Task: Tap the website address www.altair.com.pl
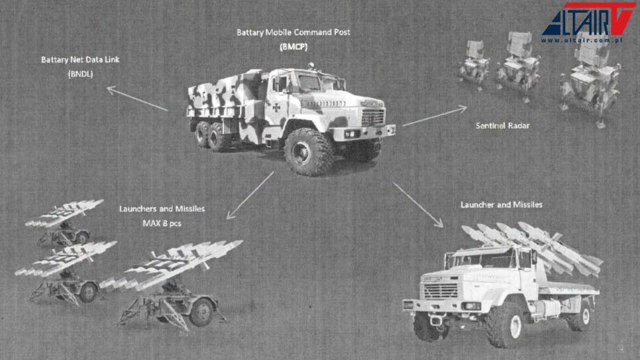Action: click(581, 40)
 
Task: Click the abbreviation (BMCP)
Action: click(293, 47)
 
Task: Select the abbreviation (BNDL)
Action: click(81, 74)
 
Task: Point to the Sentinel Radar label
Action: click(503, 126)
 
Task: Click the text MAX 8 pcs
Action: click(162, 223)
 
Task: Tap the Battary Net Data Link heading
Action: click(81, 59)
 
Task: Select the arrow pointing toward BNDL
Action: click(137, 99)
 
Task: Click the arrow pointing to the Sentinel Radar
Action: click(435, 115)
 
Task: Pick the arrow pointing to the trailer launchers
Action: click(250, 195)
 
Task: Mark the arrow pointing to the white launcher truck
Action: click(418, 205)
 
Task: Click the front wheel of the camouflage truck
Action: click(307, 152)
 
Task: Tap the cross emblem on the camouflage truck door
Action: click(276, 107)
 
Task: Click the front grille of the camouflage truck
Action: click(373, 117)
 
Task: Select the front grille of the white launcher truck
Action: click(441, 291)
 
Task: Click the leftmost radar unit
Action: click(473, 64)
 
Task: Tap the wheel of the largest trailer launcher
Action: click(201, 312)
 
